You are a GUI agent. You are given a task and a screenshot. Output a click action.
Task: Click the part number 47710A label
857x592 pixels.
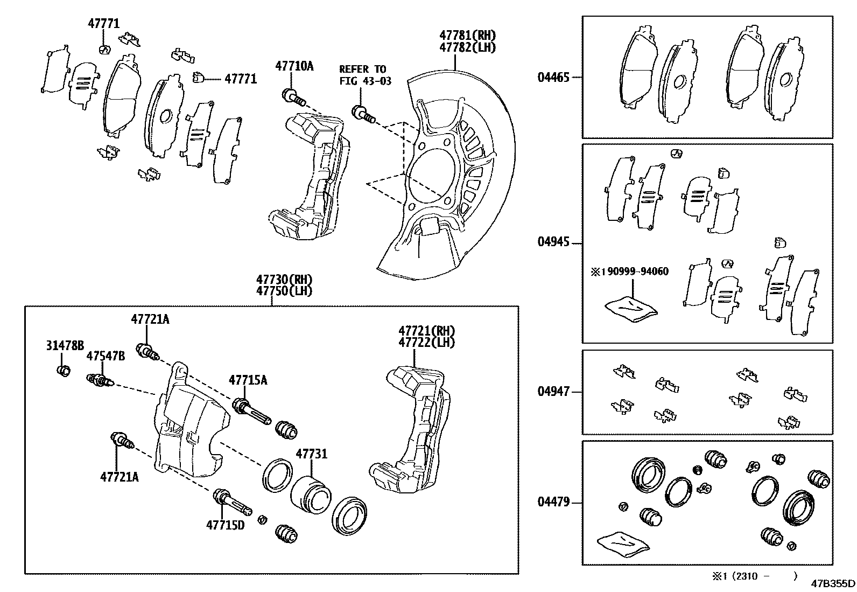coord(294,66)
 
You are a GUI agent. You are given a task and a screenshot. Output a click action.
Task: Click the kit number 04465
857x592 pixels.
coord(553,77)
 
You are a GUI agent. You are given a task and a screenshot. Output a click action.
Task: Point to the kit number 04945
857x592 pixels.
coord(553,242)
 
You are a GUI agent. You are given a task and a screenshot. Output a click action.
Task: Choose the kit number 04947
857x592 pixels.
coord(553,392)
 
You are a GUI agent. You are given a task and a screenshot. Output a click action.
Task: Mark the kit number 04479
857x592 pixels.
coord(553,503)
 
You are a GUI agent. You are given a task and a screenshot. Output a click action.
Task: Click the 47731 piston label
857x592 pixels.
coord(311,454)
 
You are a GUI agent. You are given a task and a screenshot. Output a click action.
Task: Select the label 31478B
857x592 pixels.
coord(65,346)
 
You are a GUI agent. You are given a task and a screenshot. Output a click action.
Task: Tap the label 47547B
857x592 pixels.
coord(106,356)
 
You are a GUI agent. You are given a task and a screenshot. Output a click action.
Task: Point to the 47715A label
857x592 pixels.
coord(248,380)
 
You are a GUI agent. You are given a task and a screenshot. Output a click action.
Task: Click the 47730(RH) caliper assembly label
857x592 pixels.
coord(284,280)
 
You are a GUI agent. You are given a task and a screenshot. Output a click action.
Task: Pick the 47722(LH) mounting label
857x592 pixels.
coord(426,342)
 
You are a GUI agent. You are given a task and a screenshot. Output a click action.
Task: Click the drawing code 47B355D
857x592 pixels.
coord(833,583)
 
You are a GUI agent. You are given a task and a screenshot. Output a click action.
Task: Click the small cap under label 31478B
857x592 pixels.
coord(63,371)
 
